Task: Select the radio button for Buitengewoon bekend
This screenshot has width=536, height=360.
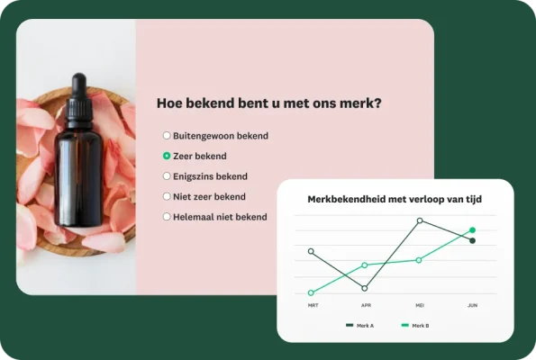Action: (166, 136)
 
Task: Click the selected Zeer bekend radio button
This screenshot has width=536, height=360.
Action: (166, 156)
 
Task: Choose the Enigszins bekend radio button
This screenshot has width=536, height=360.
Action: (166, 176)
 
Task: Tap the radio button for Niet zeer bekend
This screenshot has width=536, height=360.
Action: (166, 196)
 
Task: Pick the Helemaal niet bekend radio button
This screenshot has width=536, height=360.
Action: (166, 217)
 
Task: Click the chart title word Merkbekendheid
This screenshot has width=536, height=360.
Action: (346, 199)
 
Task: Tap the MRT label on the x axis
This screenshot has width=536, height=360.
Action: (312, 305)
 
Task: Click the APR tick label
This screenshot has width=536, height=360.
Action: (365, 305)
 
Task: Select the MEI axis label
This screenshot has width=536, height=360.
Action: (419, 305)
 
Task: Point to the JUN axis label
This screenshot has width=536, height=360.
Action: (472, 305)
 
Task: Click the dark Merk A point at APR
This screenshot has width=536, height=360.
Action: (365, 288)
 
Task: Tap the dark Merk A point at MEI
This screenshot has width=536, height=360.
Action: (419, 220)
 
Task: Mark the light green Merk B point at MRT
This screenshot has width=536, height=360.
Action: (311, 292)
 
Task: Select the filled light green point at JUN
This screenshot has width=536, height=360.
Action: (472, 230)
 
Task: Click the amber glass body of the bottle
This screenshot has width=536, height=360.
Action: (78, 175)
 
